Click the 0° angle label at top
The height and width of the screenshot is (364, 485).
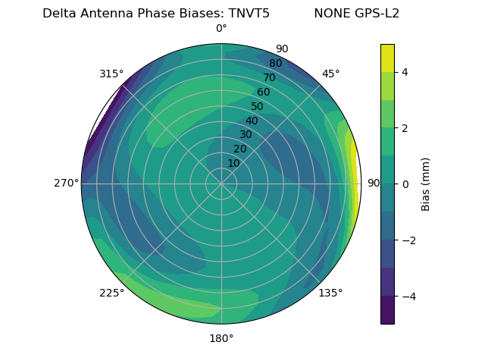[x=221, y=29]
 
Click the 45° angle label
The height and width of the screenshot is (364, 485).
[x=330, y=74]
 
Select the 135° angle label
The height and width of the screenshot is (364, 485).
[x=330, y=293]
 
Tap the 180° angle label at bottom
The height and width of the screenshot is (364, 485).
[x=221, y=338]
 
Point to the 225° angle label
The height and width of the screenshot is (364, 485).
[x=111, y=293]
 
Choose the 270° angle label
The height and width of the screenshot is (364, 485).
[x=66, y=183]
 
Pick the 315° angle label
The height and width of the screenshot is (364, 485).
[x=111, y=74]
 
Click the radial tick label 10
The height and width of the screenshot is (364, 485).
[x=233, y=163]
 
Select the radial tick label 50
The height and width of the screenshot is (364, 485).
[x=258, y=106]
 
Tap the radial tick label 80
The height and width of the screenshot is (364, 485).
[x=276, y=64]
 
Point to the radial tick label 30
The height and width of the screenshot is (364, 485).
[x=246, y=135]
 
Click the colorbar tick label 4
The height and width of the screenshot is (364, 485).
[x=405, y=72]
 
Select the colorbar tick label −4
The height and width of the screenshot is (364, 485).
[x=407, y=296]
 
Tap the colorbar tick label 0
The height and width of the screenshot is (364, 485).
[x=405, y=184]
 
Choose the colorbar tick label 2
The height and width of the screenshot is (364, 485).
[x=405, y=128]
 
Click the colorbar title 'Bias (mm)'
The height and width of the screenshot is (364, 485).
[x=426, y=184]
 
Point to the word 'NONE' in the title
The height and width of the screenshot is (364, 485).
[x=328, y=13]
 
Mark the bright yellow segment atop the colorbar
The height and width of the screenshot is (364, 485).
[x=387, y=58]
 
